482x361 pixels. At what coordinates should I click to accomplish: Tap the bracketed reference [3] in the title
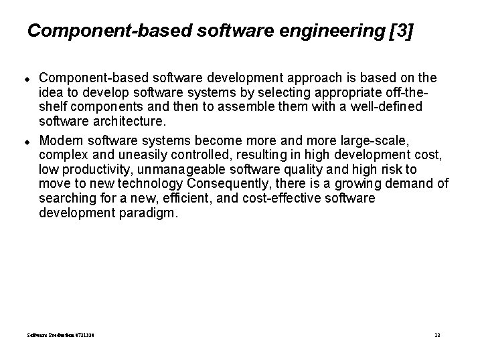point(400,31)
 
